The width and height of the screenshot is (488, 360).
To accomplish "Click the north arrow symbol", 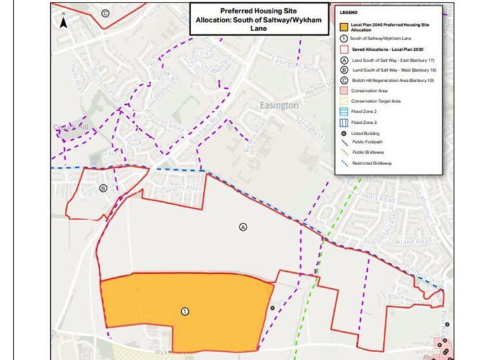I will (x=64, y=23).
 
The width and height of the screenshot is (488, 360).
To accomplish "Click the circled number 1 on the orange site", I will (x=185, y=311).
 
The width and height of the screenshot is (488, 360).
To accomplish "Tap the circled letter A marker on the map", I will (x=242, y=226).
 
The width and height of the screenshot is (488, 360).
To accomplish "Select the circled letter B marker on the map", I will (x=104, y=188).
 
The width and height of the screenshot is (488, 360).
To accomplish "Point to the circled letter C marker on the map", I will (x=105, y=13).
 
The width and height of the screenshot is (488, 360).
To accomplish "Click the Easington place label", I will (x=278, y=105).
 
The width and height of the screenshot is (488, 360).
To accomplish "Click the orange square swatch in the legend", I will (x=344, y=27).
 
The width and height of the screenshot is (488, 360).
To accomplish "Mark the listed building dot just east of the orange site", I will (x=273, y=308).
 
